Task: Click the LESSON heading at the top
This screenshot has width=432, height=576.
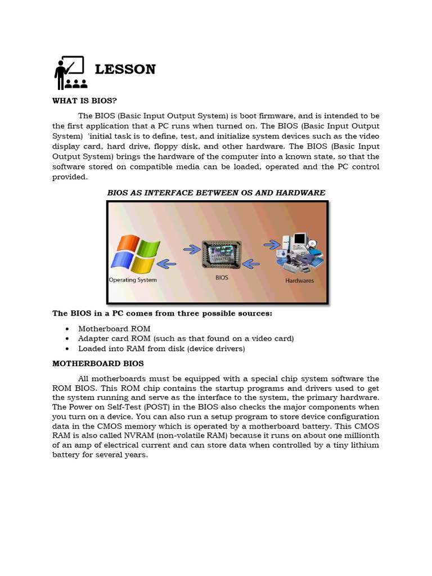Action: click(125, 69)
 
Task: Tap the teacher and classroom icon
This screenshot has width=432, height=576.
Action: click(70, 73)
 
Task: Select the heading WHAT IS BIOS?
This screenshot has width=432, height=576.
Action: click(84, 101)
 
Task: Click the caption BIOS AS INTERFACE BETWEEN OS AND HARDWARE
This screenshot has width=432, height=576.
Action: click(216, 192)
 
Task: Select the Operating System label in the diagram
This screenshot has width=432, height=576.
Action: click(133, 280)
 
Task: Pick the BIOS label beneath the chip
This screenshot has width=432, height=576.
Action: click(222, 277)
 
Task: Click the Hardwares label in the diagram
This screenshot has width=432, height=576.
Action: click(299, 280)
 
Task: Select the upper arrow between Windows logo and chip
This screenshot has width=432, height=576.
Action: click(192, 247)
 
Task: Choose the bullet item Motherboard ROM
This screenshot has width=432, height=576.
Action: click(114, 328)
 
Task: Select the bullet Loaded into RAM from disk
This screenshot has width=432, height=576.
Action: click(161, 349)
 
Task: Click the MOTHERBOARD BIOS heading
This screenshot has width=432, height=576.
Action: click(98, 364)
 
